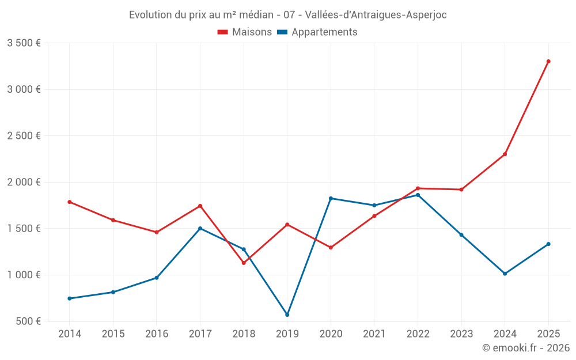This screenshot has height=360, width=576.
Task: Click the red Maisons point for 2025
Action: click(548, 61)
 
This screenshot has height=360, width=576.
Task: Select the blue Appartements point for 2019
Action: click(287, 314)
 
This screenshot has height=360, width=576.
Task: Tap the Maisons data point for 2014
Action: click(69, 202)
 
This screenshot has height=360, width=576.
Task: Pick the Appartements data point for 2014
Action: click(69, 298)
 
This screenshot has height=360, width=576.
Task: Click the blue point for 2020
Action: click(331, 198)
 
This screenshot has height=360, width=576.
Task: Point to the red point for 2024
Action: click(505, 154)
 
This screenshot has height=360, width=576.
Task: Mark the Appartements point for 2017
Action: click(200, 228)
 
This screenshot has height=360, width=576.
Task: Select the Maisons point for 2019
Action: click(287, 225)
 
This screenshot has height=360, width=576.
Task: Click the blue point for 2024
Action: click(505, 274)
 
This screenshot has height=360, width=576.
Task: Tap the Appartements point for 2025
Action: click(548, 244)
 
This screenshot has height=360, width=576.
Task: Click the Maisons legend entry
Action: click(244, 32)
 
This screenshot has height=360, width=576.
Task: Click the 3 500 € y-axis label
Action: click(24, 43)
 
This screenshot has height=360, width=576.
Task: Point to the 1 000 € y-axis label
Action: click(24, 275)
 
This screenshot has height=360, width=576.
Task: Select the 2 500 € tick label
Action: click(24, 136)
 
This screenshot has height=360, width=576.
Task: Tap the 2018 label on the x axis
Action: click(244, 334)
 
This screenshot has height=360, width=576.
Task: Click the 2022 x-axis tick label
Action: click(418, 334)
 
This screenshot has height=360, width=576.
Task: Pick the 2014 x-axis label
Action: click(69, 334)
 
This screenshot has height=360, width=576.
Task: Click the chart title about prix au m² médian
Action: click(287, 15)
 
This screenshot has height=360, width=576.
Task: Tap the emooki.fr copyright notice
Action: click(525, 348)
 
